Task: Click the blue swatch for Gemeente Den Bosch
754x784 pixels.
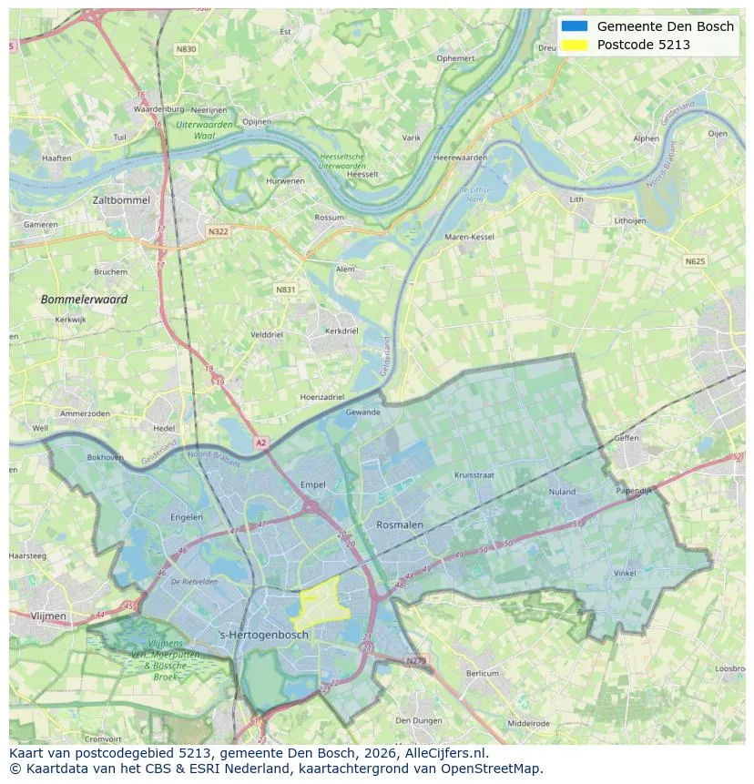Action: tap(575, 26)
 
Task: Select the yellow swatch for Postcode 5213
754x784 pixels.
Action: tap(575, 45)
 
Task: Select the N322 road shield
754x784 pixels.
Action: tap(218, 231)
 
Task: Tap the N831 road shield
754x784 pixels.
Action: tap(285, 290)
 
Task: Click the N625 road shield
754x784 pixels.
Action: tap(695, 261)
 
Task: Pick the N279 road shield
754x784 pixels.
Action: tap(415, 660)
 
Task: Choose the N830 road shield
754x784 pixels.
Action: tap(186, 49)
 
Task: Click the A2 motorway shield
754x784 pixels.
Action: tap(261, 443)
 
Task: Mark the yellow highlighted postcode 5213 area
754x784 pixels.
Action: tap(318, 604)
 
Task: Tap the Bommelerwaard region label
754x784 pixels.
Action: tap(84, 299)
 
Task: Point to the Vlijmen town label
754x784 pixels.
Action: tap(48, 616)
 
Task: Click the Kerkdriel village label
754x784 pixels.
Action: tap(341, 331)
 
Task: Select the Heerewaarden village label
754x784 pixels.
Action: tap(461, 158)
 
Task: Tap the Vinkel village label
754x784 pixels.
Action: tap(625, 573)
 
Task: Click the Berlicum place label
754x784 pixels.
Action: tap(483, 673)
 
